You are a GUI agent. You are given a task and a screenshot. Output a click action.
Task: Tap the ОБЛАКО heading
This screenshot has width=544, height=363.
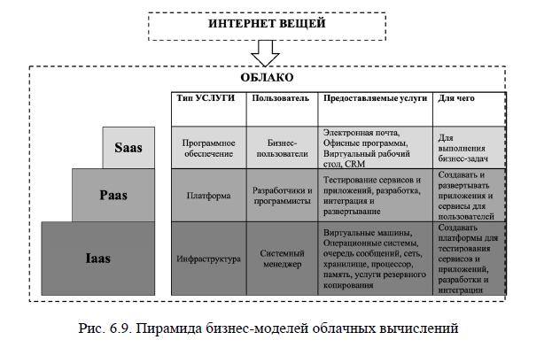[268, 78]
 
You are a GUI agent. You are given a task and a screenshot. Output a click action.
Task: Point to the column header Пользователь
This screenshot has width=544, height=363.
[279, 97]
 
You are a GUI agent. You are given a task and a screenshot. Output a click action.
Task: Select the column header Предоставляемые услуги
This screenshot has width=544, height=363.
[374, 97]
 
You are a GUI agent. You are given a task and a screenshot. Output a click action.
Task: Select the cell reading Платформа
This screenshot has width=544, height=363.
[206, 195]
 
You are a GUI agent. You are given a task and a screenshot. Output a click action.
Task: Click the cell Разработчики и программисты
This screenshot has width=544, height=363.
[281, 195]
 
